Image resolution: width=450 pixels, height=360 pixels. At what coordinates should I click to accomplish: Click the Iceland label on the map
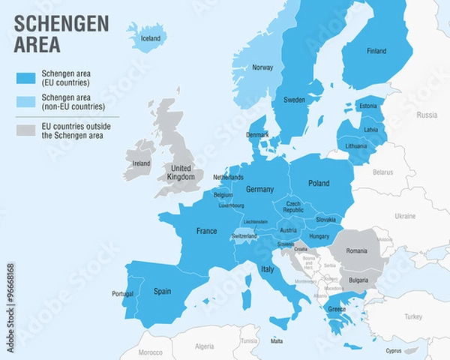151,38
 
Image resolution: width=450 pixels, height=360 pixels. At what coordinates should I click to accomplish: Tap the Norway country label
262,67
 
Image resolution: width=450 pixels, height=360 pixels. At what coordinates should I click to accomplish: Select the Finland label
376,51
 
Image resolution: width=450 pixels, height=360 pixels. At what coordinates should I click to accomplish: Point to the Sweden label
294,100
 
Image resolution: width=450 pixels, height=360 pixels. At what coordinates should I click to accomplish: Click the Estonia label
368,106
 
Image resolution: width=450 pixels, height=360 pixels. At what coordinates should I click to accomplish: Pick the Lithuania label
356,145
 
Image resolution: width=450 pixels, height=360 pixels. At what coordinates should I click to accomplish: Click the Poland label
319,183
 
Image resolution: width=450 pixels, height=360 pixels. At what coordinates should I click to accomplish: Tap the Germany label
259,189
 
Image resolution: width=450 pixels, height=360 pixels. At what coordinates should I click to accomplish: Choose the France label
206,231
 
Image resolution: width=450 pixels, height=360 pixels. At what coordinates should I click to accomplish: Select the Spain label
162,290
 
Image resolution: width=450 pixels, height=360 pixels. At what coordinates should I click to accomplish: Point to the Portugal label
122,293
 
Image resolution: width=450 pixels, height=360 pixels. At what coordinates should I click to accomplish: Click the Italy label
267,268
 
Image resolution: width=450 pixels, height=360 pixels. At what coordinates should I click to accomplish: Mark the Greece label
337,308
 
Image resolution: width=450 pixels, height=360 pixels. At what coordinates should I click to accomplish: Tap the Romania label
357,250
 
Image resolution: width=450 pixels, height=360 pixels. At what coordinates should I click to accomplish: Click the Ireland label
140,163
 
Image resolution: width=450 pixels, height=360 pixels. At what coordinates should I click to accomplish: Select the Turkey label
413,316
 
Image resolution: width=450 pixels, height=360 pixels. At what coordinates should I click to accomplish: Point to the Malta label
277,340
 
